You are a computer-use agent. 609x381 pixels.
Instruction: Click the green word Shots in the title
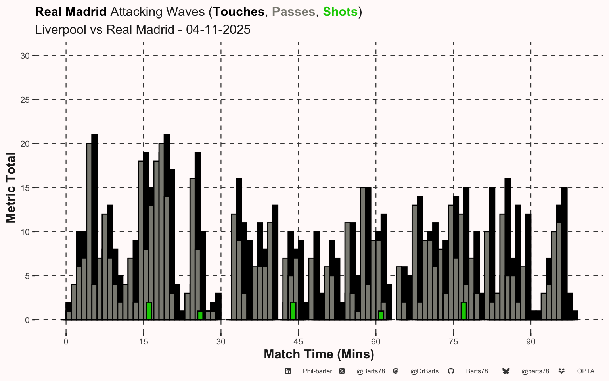coord(340,12)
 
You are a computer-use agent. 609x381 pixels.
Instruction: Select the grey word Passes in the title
coord(293,12)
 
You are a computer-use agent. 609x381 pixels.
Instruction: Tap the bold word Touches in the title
coord(239,12)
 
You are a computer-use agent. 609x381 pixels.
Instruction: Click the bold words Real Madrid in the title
coord(71,12)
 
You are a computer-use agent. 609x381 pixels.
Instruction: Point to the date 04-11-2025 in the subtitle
coord(218,30)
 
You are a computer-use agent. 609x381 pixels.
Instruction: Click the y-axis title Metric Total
coord(11,188)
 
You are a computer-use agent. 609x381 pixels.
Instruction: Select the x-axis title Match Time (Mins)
coord(319,354)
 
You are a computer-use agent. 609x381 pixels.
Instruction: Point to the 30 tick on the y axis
coord(25,56)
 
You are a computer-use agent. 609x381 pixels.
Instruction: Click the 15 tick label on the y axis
coord(25,188)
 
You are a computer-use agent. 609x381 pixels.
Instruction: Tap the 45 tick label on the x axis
coord(298,342)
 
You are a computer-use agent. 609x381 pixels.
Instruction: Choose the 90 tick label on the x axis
coord(530,342)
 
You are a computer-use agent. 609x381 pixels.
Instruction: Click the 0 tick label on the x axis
coord(66,342)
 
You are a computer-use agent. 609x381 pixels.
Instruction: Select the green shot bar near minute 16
coord(149,311)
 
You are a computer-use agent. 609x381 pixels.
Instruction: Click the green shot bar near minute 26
coord(200,316)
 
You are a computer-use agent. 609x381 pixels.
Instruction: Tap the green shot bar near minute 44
coord(293,311)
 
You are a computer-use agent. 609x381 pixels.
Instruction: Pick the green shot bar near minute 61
coord(381,316)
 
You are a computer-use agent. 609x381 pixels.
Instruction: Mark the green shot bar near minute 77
coord(463,311)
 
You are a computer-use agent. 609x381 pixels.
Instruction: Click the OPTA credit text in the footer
coord(586,371)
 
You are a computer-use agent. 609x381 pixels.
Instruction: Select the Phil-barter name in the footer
coord(317,371)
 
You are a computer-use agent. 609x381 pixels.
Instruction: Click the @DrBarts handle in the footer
coord(424,371)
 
